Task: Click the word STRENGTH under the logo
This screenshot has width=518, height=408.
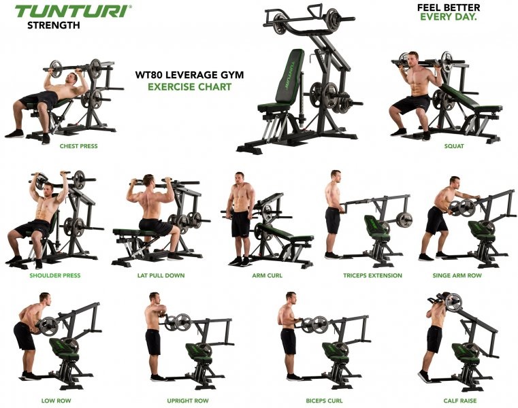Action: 53,26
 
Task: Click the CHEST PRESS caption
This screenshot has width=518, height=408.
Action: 78,146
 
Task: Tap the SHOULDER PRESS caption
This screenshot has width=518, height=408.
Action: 55,275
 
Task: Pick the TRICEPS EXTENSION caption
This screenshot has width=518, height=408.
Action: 372,275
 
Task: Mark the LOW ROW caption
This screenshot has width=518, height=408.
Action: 54,401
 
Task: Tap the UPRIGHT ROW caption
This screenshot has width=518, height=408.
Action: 167,401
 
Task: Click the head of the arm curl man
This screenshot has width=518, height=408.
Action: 240,179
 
